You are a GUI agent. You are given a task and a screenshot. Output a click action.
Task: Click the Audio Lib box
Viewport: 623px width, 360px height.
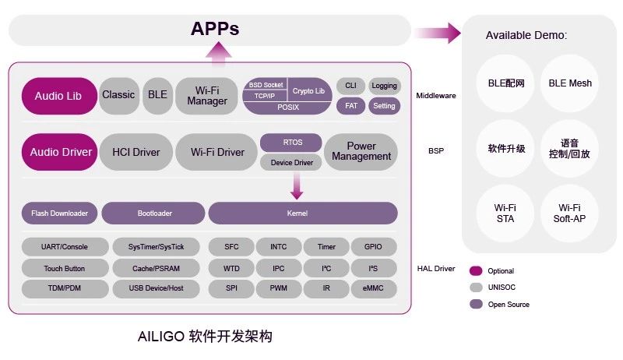click(58, 96)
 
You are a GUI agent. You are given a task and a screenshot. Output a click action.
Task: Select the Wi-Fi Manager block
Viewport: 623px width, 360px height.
click(207, 96)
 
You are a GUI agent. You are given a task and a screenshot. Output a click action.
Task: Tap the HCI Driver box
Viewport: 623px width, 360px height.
click(136, 152)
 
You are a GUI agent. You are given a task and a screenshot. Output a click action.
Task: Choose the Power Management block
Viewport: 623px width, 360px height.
click(361, 152)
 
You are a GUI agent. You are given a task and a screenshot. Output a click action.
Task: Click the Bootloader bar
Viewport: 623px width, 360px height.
click(153, 214)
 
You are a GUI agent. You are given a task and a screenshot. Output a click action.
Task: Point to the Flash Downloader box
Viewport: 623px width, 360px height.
click(59, 214)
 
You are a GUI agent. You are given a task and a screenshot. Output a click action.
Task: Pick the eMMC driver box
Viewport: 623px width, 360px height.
click(374, 288)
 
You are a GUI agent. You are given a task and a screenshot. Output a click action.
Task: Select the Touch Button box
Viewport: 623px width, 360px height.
click(65, 268)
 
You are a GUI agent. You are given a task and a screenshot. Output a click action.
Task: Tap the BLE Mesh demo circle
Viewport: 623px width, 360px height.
click(569, 83)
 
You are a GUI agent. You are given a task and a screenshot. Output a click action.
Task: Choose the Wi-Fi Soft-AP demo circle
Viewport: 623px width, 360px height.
click(569, 213)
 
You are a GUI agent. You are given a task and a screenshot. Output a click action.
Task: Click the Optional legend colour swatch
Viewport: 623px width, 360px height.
click(475, 271)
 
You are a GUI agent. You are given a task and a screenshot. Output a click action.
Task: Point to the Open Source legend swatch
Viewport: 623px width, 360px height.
click(475, 304)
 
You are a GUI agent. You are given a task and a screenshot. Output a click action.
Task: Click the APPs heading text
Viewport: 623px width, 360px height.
click(215, 30)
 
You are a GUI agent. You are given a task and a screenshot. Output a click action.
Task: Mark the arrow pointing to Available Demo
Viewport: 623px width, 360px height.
click(438, 34)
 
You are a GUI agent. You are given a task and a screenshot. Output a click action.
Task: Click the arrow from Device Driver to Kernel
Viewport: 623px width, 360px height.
click(297, 185)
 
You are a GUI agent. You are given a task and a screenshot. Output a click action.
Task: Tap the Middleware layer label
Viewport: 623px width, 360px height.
click(436, 96)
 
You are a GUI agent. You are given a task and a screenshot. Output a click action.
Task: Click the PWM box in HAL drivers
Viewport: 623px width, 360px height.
click(279, 288)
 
